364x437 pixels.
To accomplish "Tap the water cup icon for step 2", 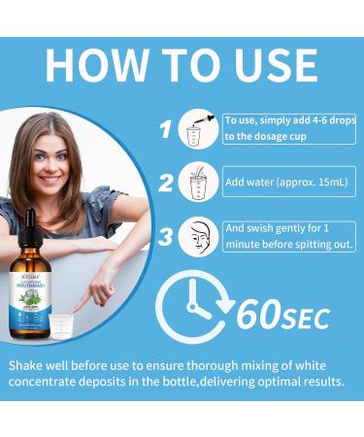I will [199, 183].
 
